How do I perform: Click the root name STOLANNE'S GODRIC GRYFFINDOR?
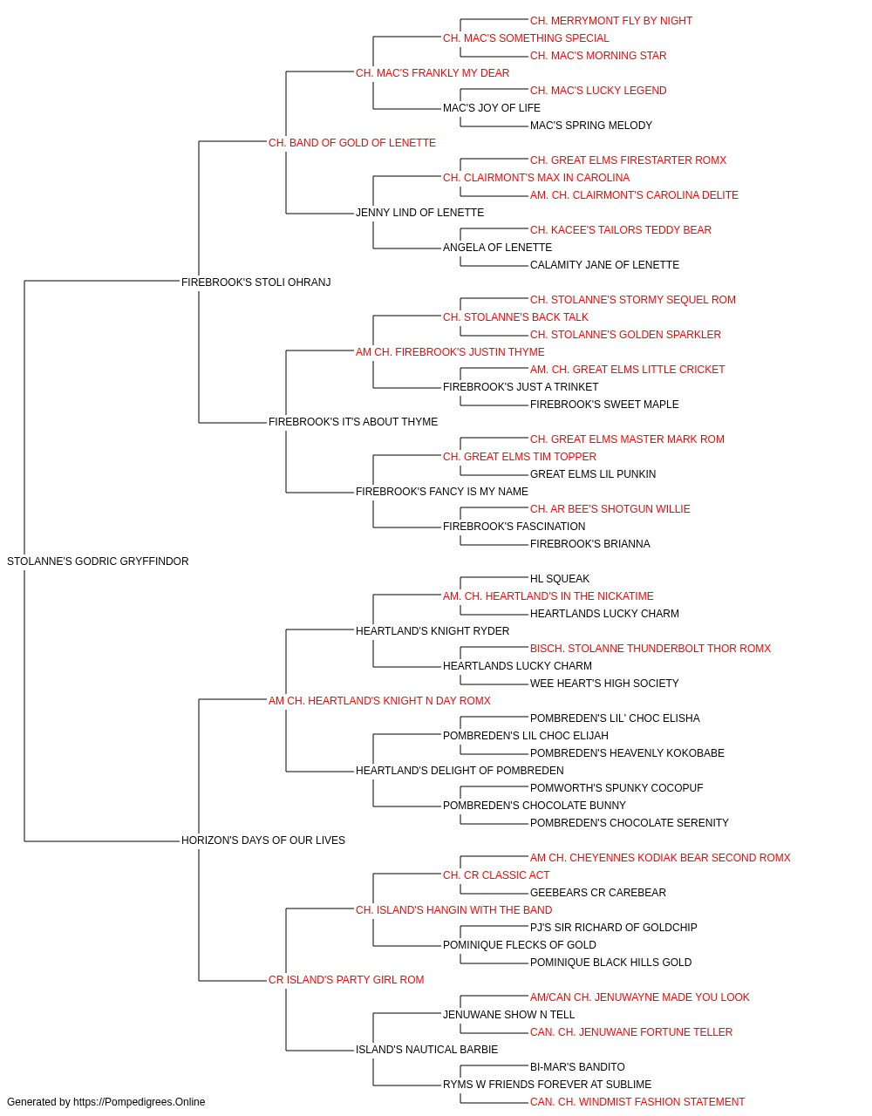(98, 561)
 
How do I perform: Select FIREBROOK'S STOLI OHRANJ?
(255, 282)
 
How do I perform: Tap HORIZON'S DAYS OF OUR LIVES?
(263, 840)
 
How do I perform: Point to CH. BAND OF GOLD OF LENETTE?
(351, 143)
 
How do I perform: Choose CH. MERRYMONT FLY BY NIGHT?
(611, 21)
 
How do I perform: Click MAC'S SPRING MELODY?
(591, 126)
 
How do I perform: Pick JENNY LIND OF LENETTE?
(419, 213)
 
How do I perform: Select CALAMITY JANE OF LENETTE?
(604, 265)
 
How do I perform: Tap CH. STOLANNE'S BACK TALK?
(515, 317)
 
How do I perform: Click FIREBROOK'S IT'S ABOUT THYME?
(353, 422)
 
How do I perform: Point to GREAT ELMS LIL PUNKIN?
(593, 474)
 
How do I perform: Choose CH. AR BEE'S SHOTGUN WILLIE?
(610, 509)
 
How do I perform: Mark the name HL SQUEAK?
(560, 579)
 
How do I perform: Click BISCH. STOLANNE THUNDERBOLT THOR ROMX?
(651, 649)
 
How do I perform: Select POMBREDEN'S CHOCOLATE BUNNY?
(534, 806)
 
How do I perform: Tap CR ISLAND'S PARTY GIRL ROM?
(346, 980)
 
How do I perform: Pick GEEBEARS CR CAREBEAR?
(598, 893)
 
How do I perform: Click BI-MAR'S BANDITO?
(577, 1067)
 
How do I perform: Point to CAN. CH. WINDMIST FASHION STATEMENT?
(637, 1102)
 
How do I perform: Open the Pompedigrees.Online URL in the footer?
(140, 1102)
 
